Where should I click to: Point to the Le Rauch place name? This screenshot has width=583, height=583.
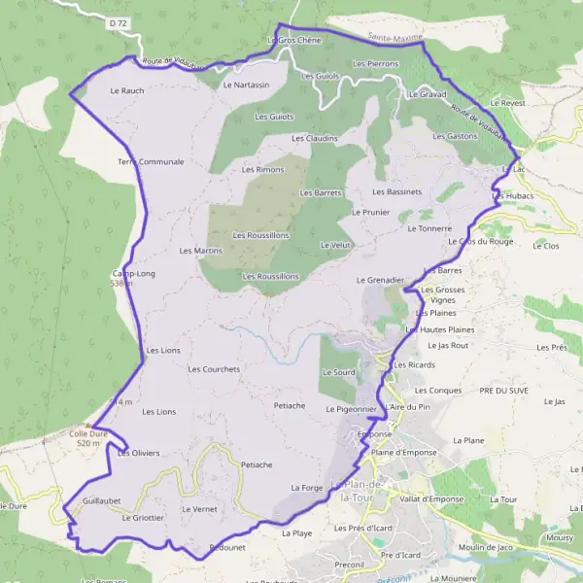pyautogui.click(x=126, y=90)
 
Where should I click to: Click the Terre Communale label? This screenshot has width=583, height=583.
pyautogui.click(x=151, y=161)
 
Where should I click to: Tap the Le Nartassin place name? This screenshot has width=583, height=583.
pyautogui.click(x=246, y=85)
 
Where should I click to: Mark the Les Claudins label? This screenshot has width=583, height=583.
pyautogui.click(x=314, y=138)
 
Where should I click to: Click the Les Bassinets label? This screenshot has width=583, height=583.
pyautogui.click(x=397, y=191)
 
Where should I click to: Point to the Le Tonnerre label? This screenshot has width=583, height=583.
pyautogui.click(x=416, y=228)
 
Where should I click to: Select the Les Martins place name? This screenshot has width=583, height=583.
pyautogui.click(x=200, y=251)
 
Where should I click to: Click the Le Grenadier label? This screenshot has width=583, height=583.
pyautogui.click(x=379, y=280)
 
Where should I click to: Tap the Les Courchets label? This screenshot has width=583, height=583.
pyautogui.click(x=214, y=369)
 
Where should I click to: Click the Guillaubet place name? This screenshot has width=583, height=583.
pyautogui.click(x=102, y=500)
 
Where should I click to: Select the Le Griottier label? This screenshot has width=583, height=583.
pyautogui.click(x=143, y=518)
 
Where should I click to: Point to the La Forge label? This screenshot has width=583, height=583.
pyautogui.click(x=306, y=488)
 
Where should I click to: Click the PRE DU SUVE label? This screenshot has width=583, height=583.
pyautogui.click(x=504, y=390)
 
